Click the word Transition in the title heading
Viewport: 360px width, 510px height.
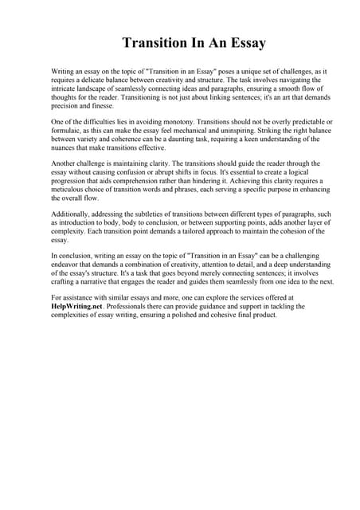pos(153,42)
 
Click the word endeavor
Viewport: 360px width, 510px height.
pos(68,265)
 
